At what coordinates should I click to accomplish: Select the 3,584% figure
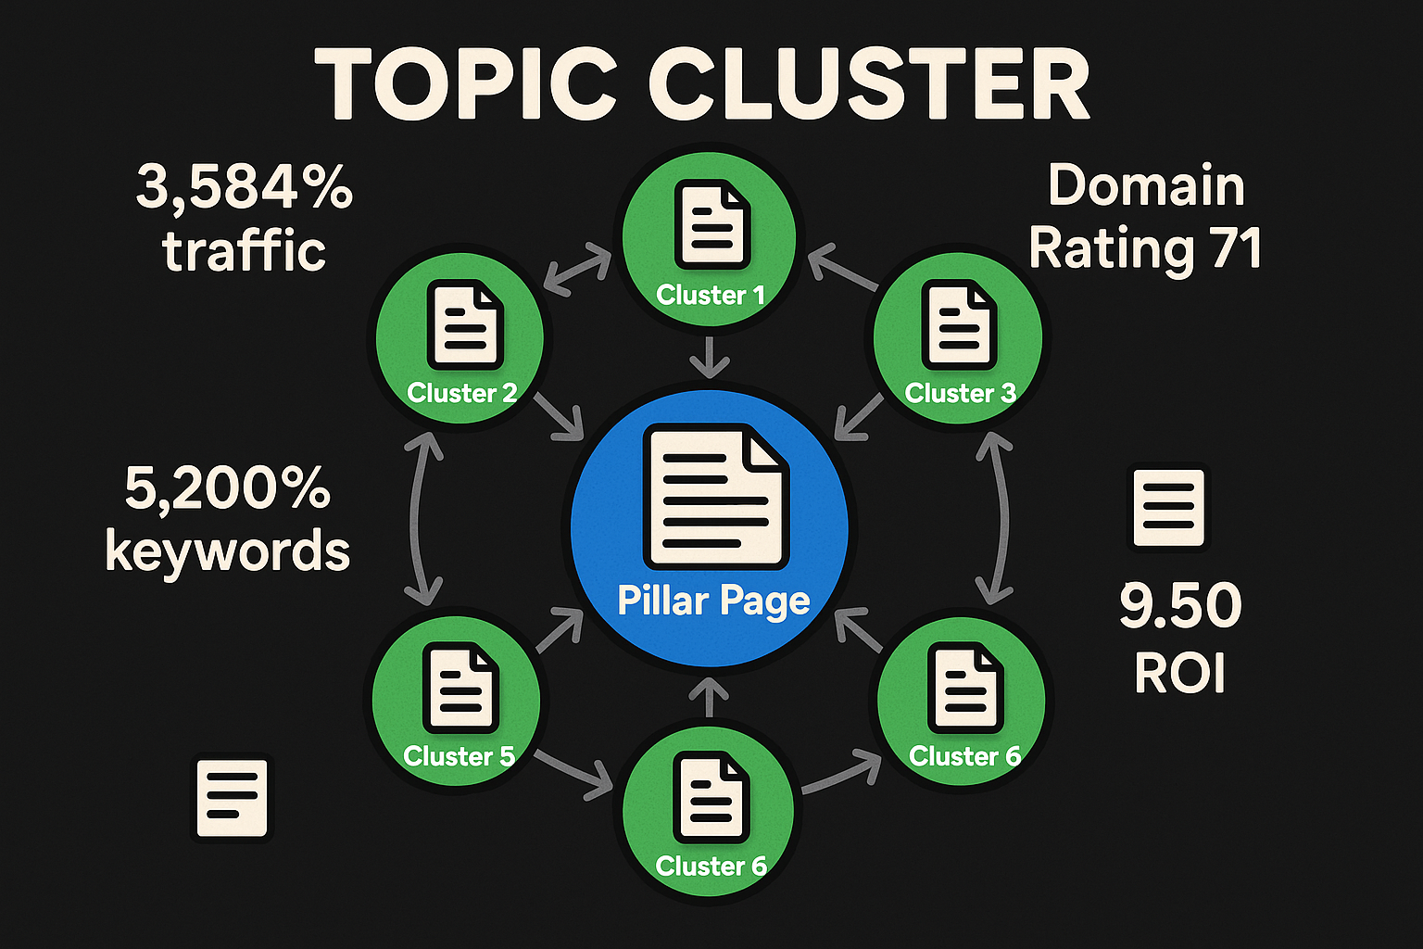click(x=245, y=187)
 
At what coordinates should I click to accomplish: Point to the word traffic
click(x=245, y=251)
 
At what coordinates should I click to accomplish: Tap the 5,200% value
click(x=228, y=488)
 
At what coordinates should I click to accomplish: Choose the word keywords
click(x=228, y=551)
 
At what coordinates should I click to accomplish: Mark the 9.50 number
click(x=1180, y=605)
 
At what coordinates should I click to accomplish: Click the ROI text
click(x=1180, y=674)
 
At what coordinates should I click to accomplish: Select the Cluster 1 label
click(x=711, y=295)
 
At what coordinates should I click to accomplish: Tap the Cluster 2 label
click(x=461, y=393)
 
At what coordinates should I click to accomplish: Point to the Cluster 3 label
click(x=960, y=393)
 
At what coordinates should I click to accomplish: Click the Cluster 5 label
click(x=459, y=756)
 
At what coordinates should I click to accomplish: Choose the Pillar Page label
click(x=713, y=601)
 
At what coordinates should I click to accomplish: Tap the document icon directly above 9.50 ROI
click(x=1169, y=508)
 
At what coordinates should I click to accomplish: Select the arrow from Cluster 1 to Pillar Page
click(x=711, y=357)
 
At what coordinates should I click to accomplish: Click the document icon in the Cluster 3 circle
click(x=959, y=326)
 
